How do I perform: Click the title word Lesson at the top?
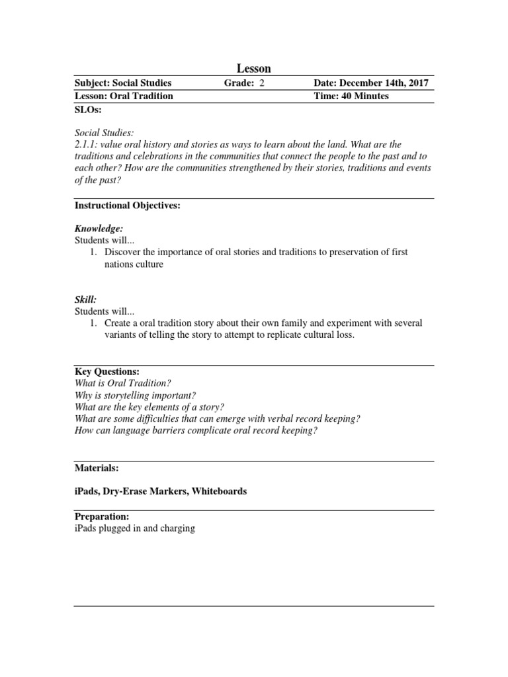(254, 69)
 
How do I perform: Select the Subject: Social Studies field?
(123, 83)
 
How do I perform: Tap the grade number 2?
(261, 83)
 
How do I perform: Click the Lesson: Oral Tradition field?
(124, 96)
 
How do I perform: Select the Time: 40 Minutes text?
(351, 96)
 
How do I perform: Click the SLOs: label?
(88, 109)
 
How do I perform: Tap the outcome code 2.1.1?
(85, 145)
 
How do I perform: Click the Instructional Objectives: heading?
(128, 206)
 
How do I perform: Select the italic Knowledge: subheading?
(99, 228)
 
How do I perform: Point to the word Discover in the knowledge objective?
(123, 252)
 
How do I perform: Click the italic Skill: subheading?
(85, 299)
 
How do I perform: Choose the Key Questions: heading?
(107, 372)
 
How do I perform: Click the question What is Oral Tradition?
(122, 383)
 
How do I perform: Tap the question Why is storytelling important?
(135, 395)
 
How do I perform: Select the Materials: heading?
(97, 467)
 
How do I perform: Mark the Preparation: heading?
(102, 516)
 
